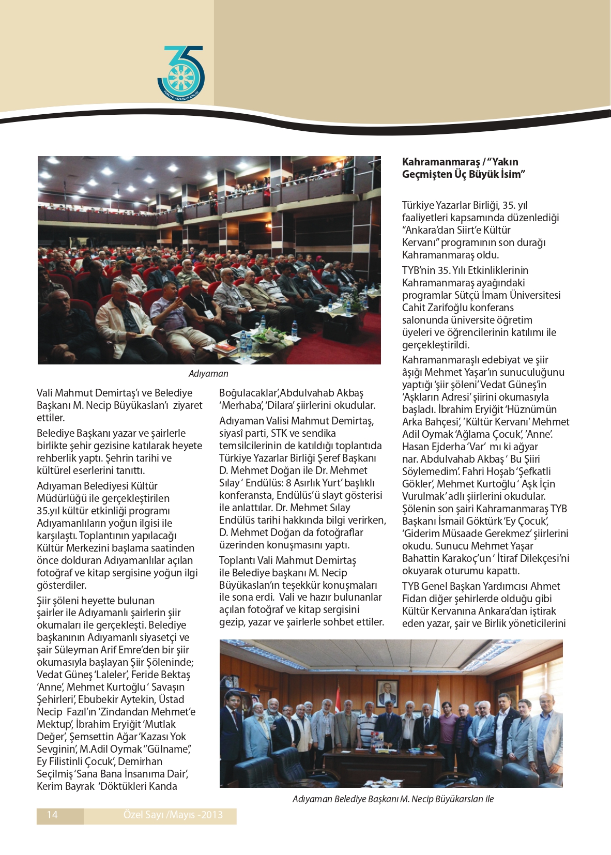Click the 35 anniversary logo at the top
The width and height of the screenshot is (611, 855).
pyautogui.click(x=181, y=74)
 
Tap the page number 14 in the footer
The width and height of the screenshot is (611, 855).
pyautogui.click(x=52, y=815)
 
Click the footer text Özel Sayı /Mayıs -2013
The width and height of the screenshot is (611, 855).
pyautogui.click(x=173, y=815)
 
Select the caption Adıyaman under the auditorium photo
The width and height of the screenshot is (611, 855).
pyautogui.click(x=208, y=374)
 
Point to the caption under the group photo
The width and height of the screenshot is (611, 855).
pyautogui.click(x=393, y=799)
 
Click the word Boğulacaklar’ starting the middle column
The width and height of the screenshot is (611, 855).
pyautogui.click(x=249, y=393)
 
